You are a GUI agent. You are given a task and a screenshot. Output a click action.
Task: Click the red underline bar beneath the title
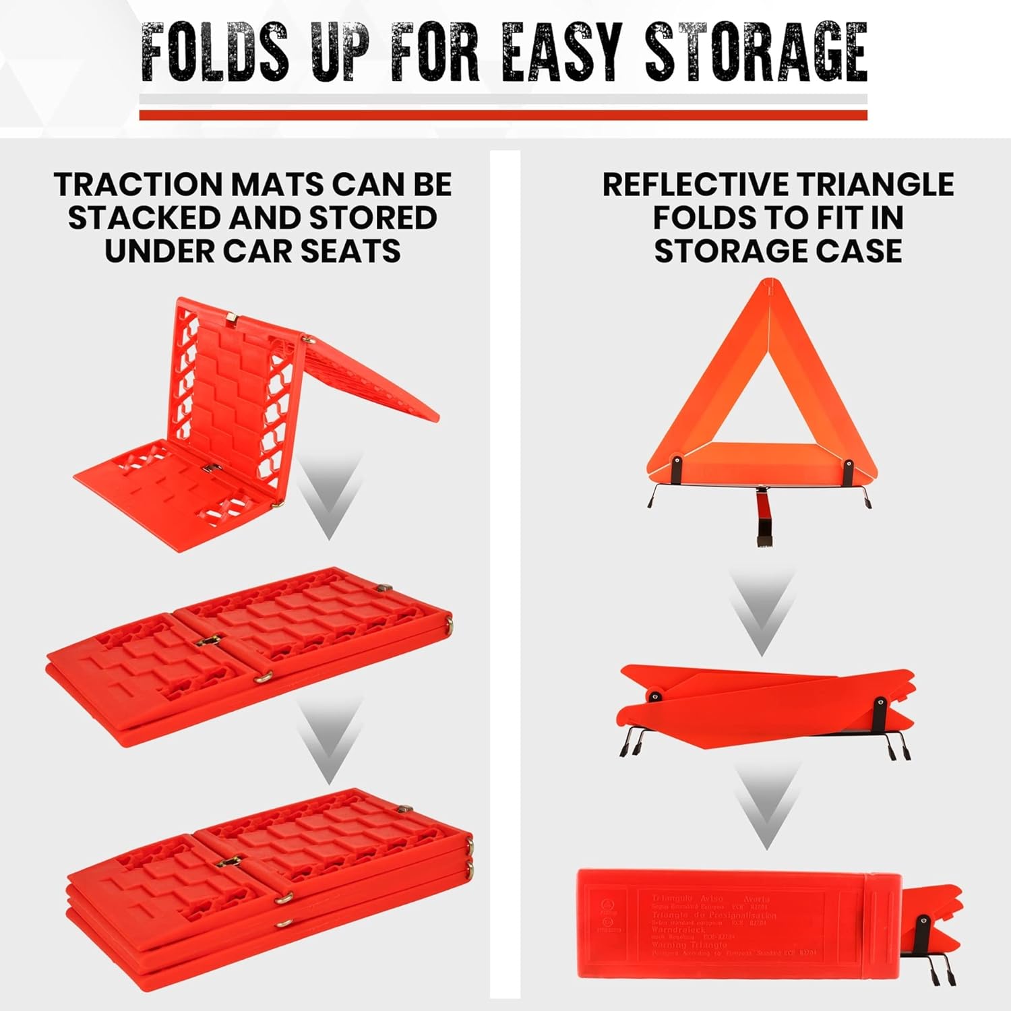[x=503, y=115]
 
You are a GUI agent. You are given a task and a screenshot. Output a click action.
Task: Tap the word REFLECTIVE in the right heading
[x=694, y=185]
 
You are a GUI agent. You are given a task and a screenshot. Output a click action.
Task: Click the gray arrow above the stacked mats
[x=328, y=741]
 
